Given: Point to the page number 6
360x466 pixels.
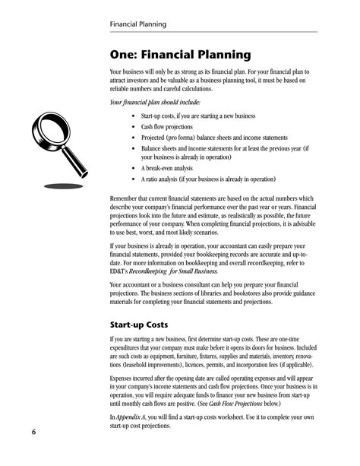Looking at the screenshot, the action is [x=34, y=433].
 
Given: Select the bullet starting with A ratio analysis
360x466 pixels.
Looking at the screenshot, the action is [x=207, y=179].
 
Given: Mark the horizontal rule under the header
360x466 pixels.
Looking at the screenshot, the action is [x=213, y=33].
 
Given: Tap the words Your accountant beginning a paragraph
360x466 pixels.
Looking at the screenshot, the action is [x=136, y=284].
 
